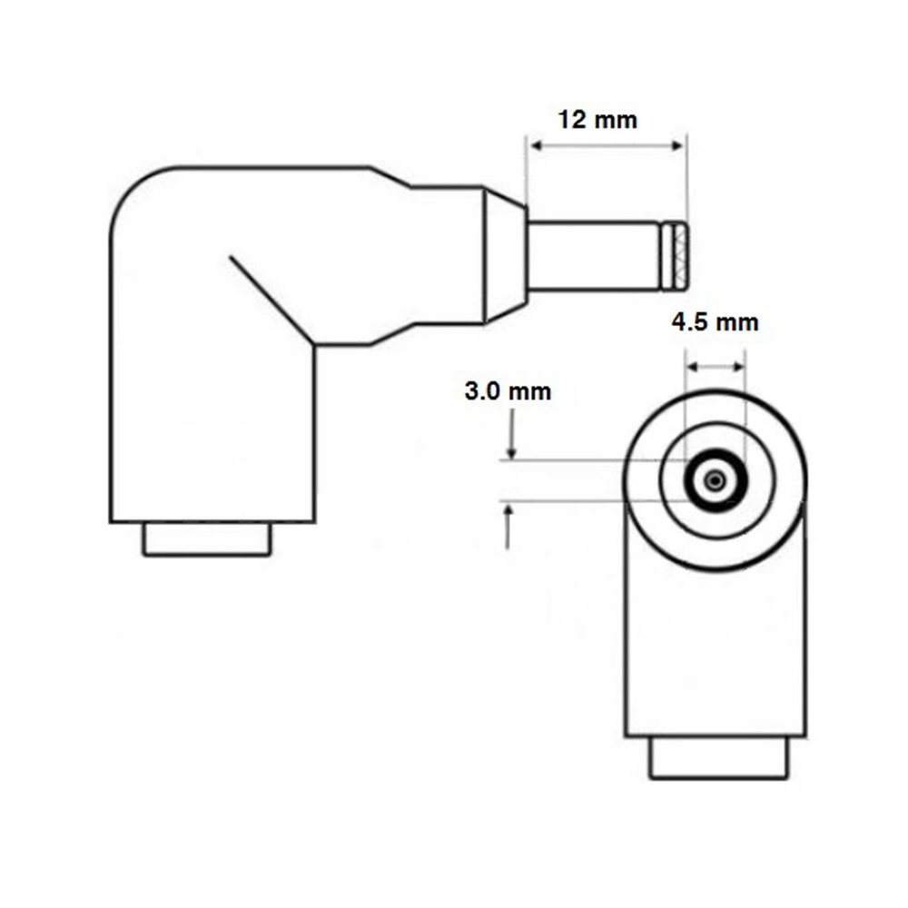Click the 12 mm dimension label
pos(598,120)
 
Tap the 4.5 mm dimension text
pos(715,322)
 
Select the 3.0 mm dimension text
pos(508,392)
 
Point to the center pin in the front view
pos(716,479)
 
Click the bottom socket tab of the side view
pos(207,539)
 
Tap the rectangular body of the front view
pos(716,654)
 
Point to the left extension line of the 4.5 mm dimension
pos(686,400)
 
